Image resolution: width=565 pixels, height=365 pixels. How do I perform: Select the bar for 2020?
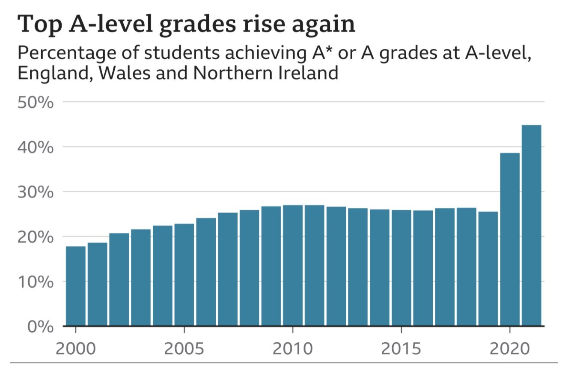coord(510,239)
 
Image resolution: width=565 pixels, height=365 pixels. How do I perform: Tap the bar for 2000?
coord(76,286)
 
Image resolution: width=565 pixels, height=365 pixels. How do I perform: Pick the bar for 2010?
coord(293,265)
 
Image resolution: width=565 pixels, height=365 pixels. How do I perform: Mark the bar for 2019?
coord(488,269)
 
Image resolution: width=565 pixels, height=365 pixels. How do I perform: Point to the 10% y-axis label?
coord(36,282)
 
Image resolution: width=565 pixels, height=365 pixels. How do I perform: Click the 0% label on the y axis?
coord(40,327)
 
